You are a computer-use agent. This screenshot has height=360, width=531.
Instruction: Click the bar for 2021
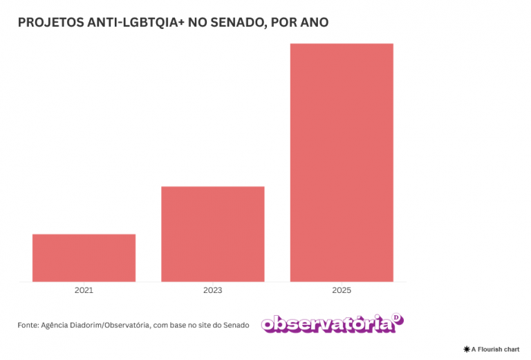(x=84, y=258)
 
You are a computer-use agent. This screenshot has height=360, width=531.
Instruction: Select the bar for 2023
(x=213, y=234)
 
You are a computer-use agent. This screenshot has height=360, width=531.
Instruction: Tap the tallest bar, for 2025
(x=342, y=162)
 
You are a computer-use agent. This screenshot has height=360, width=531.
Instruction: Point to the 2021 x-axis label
(x=84, y=291)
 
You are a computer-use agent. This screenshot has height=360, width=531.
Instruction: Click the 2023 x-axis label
(x=213, y=291)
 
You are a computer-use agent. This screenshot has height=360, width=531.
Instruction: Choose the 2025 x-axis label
(x=342, y=291)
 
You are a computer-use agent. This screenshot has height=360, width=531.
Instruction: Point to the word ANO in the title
(x=315, y=23)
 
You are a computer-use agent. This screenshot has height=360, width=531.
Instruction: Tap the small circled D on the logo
(x=397, y=318)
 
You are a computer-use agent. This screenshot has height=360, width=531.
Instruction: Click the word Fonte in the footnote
(x=28, y=325)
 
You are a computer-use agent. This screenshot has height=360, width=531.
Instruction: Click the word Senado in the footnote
(x=236, y=325)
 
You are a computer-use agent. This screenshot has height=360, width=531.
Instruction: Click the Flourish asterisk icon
(x=467, y=350)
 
